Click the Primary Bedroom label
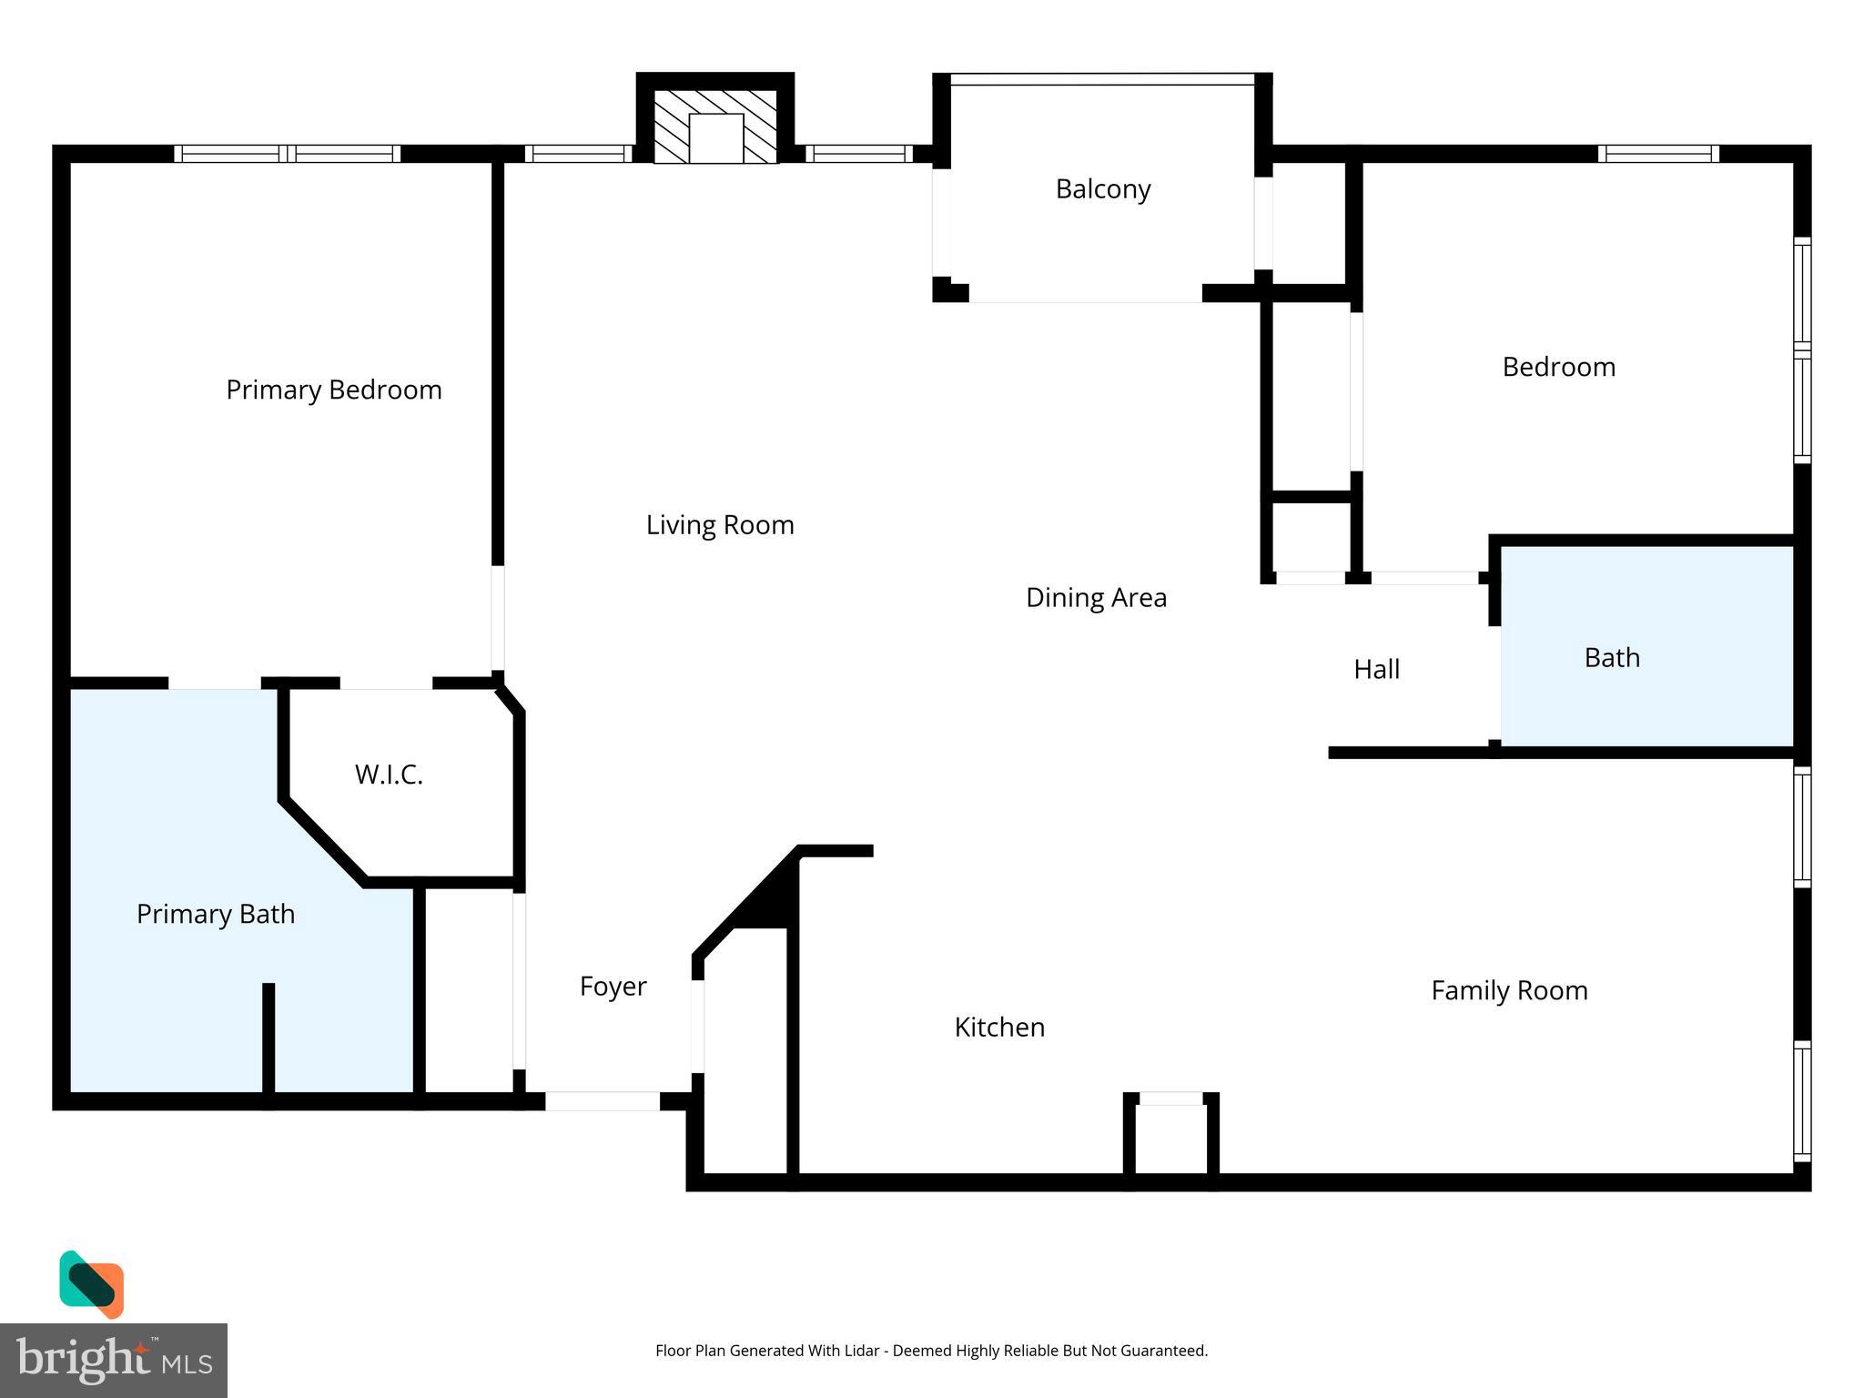[333, 390]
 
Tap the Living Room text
[720, 525]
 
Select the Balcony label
[1103, 189]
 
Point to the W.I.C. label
[389, 775]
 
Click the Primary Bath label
[216, 914]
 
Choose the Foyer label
[613, 987]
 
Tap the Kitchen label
[999, 1028]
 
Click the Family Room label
[1509, 990]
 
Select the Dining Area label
[1096, 598]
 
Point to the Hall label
[1376, 670]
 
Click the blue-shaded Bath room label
[1612, 658]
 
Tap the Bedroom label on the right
[1558, 367]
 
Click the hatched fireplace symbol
[715, 127]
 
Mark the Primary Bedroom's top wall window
[287, 154]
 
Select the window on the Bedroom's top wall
[1658, 154]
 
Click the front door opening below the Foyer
[602, 1101]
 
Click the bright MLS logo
[113, 1361]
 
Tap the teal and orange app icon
[91, 1284]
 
